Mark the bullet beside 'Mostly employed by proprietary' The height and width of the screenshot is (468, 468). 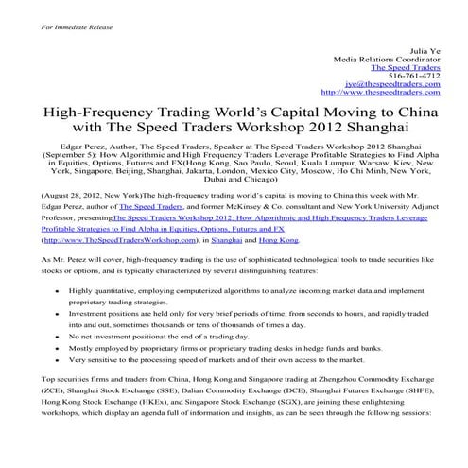tap(59, 347)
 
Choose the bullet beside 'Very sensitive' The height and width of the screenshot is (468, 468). tap(59, 359)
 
